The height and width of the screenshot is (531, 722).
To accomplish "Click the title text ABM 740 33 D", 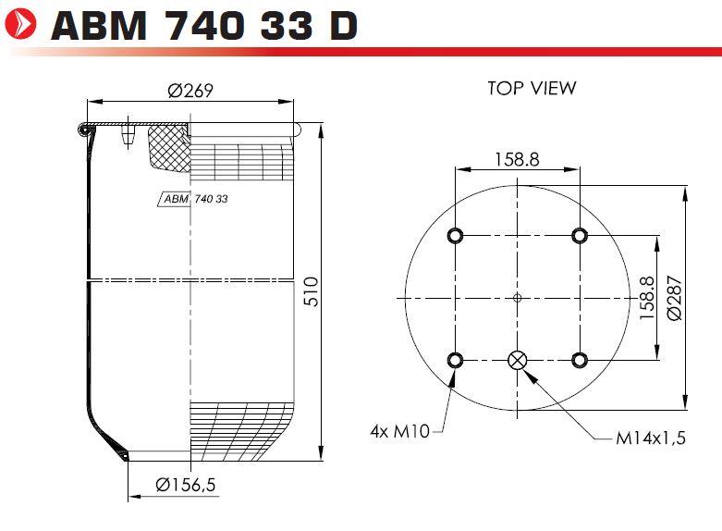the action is (x=204, y=25).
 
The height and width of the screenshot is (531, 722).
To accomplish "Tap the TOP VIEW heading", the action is (x=532, y=88).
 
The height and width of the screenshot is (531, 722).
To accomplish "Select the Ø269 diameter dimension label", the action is (x=190, y=91).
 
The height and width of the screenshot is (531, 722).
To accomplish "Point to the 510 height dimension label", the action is (x=312, y=291).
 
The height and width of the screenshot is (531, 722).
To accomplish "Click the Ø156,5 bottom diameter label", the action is (x=186, y=485).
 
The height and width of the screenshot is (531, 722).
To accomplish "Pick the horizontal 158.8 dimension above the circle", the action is (x=517, y=159).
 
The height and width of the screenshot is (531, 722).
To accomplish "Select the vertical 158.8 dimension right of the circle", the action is (x=646, y=298).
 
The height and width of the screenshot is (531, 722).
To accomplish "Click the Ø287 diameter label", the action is (x=674, y=298).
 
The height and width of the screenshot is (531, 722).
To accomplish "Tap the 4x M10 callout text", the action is (x=399, y=431).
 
